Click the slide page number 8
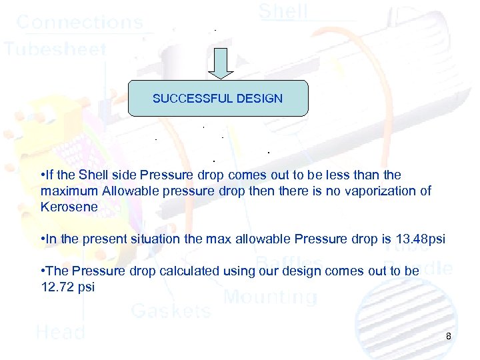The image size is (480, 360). pyautogui.click(x=449, y=336)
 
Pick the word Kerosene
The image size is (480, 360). pyautogui.click(x=69, y=207)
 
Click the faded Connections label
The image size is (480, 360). pyautogui.click(x=79, y=22)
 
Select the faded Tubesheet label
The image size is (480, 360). pyautogui.click(x=55, y=49)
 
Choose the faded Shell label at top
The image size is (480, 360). pyautogui.click(x=283, y=11)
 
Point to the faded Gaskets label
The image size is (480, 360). pyautogui.click(x=171, y=310)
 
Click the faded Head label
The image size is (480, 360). pyautogui.click(x=60, y=331)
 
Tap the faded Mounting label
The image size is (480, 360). pyautogui.click(x=270, y=297)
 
